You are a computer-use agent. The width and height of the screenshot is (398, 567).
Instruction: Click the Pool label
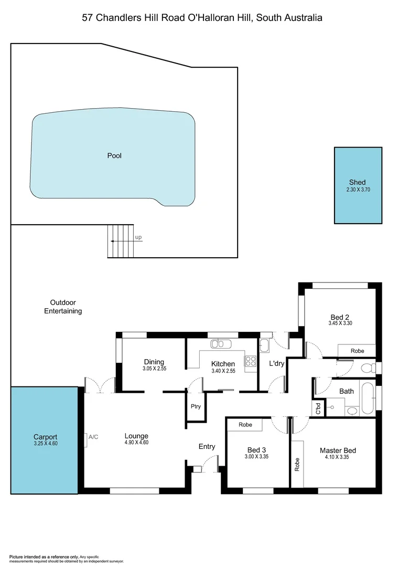point(114,155)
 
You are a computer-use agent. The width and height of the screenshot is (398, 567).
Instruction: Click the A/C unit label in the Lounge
point(93,436)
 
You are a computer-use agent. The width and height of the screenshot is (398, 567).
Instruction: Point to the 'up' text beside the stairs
point(138,237)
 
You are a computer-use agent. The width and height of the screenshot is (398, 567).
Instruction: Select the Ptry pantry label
point(196,406)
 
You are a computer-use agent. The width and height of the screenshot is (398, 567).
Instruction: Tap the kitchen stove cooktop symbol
point(250,361)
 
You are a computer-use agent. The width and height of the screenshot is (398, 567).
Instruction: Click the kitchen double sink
point(221,344)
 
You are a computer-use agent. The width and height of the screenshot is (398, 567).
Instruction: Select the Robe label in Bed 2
point(357,351)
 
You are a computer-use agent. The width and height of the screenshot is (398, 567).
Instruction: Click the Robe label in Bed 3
point(244,424)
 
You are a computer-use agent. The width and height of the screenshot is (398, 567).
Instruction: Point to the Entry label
point(207,446)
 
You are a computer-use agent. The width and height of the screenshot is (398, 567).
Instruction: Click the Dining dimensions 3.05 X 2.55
point(154,369)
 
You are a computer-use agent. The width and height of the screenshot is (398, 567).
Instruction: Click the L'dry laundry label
point(276,363)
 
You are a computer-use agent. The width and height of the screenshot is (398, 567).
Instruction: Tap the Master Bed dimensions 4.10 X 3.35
point(338,457)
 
